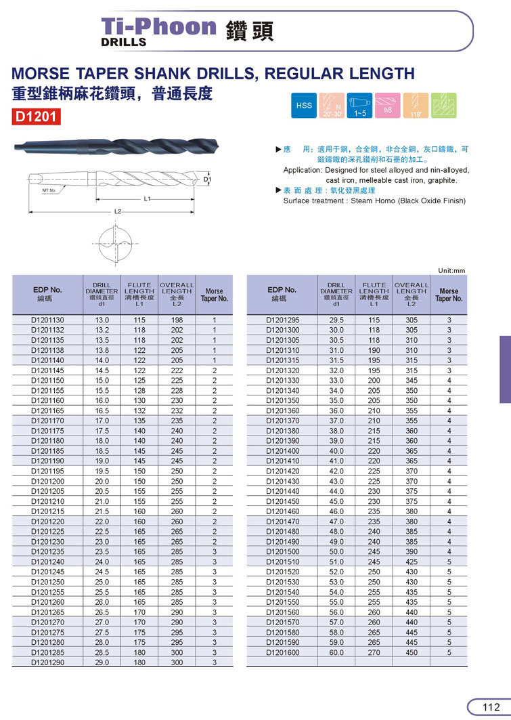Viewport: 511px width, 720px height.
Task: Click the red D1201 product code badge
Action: click(x=37, y=117)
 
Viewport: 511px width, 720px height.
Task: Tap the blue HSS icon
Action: click(x=304, y=106)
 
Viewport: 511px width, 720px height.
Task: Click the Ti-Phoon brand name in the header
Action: click(x=158, y=26)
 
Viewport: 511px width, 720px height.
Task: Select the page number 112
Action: click(x=490, y=707)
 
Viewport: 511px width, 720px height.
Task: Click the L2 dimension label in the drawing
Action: click(x=117, y=211)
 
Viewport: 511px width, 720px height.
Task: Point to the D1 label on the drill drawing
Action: click(x=208, y=179)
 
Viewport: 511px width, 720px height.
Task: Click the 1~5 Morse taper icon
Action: click(x=360, y=106)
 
